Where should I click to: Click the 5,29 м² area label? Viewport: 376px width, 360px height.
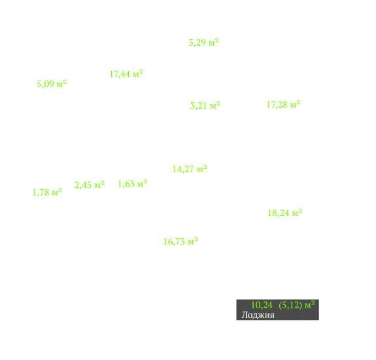click(x=203, y=43)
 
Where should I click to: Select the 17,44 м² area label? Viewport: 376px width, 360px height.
click(x=126, y=74)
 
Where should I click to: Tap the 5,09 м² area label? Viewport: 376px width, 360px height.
click(x=52, y=84)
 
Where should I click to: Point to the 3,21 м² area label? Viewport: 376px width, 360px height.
click(x=205, y=105)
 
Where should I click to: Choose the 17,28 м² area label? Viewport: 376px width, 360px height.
click(x=283, y=105)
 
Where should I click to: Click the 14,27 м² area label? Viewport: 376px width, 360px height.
click(x=190, y=169)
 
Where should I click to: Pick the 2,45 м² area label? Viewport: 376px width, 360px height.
click(x=90, y=185)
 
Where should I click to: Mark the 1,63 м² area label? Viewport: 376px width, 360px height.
click(x=133, y=184)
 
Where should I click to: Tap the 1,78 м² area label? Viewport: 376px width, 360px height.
click(x=47, y=192)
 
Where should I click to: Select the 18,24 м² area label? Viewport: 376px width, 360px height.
click(x=285, y=213)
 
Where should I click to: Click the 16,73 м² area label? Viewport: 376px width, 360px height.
click(x=180, y=242)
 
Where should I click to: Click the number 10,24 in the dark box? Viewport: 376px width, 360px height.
click(x=262, y=305)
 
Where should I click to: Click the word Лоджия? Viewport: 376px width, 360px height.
click(x=258, y=315)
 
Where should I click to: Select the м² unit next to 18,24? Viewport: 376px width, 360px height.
click(x=297, y=212)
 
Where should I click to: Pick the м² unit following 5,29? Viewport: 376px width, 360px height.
click(x=213, y=43)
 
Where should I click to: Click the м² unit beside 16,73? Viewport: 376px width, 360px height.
click(x=192, y=241)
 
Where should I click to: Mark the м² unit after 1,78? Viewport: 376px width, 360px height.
click(x=57, y=192)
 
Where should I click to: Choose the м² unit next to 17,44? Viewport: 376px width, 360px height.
click(x=138, y=73)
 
